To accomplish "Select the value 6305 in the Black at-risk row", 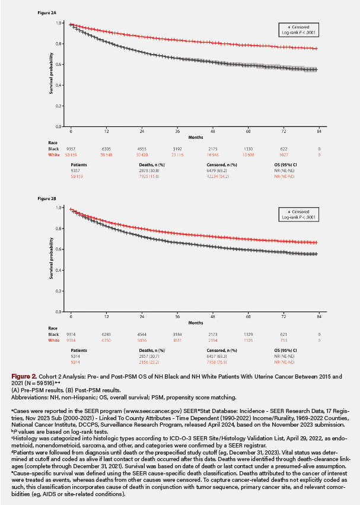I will pyautogui.click(x=107, y=148).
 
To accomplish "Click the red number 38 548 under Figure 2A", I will pyautogui.click(x=106, y=154).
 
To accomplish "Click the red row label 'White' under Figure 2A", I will pyautogui.click(x=55, y=154).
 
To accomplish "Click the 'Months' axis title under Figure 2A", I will pyautogui.click(x=196, y=136).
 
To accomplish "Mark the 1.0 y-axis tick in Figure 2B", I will pyautogui.click(x=59, y=208).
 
